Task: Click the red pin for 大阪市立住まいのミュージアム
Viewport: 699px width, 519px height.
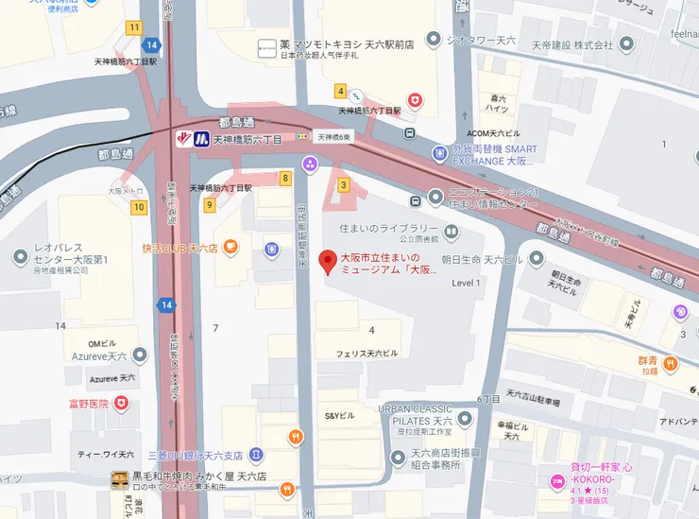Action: [328, 261]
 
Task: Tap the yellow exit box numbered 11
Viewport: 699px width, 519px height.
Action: [135, 27]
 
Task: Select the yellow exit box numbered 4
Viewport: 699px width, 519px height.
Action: [340, 92]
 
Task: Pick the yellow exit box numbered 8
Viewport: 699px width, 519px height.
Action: [285, 177]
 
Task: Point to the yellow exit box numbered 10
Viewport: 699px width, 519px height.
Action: [139, 207]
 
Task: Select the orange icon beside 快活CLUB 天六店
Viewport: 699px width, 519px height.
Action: [231, 249]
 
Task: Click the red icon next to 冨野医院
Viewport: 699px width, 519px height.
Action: [121, 404]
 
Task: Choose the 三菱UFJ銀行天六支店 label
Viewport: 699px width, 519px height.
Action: [195, 455]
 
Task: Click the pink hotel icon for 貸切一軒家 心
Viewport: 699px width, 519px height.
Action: [557, 482]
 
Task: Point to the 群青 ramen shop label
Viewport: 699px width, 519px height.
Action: [647, 360]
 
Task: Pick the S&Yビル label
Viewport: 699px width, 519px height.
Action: [340, 416]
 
